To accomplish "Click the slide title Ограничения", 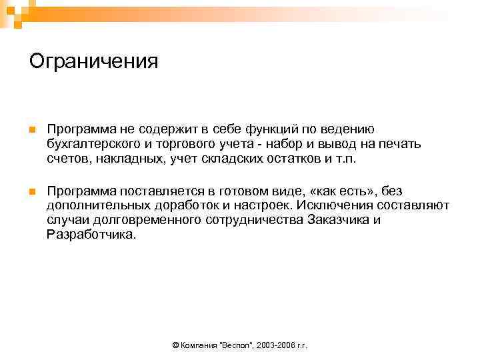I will [94, 61].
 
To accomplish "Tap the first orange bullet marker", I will [32, 129].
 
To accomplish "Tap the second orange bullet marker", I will [32, 192].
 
